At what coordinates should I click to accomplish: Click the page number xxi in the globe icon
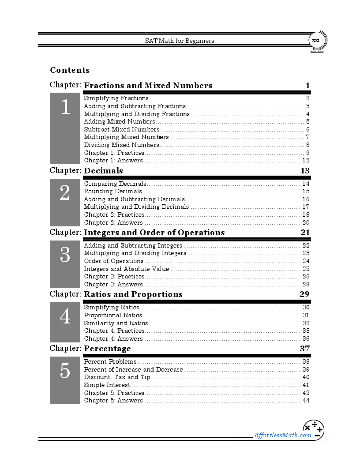[x=315, y=41]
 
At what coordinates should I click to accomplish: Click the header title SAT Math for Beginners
[x=180, y=41]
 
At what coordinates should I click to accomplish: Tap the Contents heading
[x=70, y=70]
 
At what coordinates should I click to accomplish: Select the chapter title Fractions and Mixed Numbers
[x=148, y=86]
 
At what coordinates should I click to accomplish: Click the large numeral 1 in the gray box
[x=65, y=107]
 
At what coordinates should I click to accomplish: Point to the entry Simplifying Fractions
[x=116, y=98]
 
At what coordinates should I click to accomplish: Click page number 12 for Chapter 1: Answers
[x=306, y=161]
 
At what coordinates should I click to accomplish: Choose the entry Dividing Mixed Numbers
[x=121, y=145]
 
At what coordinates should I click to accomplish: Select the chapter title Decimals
[x=103, y=171]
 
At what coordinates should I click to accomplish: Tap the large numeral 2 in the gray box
[x=65, y=193]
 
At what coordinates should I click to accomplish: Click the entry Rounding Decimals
[x=113, y=192]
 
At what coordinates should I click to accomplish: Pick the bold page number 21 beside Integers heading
[x=305, y=233]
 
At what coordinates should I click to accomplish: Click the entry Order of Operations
[x=113, y=261]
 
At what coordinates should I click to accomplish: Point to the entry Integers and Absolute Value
[x=126, y=269]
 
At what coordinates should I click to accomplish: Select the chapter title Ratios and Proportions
[x=133, y=294]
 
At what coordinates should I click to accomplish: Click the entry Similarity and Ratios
[x=116, y=323]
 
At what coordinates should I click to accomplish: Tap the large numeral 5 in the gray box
[x=65, y=371]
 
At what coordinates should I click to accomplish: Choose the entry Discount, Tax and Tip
[x=117, y=377]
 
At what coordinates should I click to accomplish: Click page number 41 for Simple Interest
[x=306, y=385]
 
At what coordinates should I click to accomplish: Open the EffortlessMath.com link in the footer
[x=283, y=436]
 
